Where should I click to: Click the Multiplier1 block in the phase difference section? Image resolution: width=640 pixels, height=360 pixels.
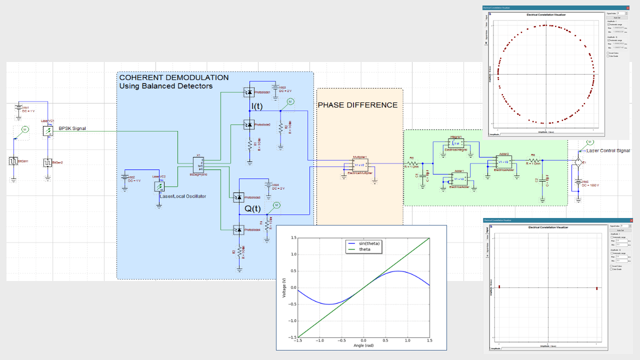(x=360, y=164)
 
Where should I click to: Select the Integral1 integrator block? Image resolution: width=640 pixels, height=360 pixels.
(x=456, y=143)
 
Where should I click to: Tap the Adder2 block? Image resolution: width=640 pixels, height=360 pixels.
(x=503, y=161)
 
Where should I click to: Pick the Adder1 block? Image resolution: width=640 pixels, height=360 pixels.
(x=459, y=178)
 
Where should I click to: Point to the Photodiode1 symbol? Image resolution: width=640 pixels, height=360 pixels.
(x=248, y=92)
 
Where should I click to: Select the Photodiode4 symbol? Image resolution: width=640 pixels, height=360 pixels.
(x=239, y=229)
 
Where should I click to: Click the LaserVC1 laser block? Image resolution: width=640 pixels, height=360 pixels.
(x=47, y=131)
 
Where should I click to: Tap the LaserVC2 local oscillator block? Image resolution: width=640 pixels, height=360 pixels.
(x=159, y=186)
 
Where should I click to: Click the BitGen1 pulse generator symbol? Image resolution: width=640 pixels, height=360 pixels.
(x=13, y=161)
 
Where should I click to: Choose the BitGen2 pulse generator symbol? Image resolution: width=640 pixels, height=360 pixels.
(x=47, y=162)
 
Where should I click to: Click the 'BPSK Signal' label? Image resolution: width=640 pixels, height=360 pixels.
(x=72, y=128)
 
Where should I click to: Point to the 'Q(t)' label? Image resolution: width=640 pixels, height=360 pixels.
(x=252, y=209)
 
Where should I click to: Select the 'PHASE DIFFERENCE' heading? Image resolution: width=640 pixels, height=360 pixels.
(x=357, y=105)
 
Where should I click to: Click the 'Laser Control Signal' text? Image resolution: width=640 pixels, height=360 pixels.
(x=608, y=150)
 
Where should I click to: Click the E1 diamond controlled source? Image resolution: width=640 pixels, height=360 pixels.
(x=578, y=162)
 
